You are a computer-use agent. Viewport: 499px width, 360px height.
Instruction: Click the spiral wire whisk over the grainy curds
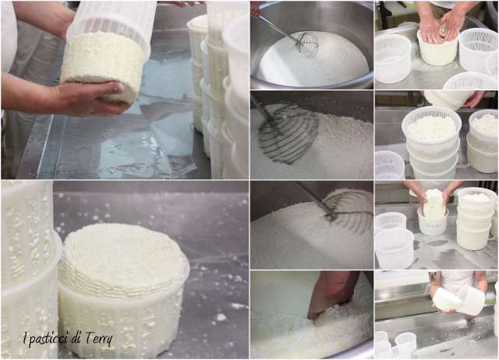pos(286,133)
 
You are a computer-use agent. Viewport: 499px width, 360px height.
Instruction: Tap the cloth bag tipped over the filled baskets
pos(449,100)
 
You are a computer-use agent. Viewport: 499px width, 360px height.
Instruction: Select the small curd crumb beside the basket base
pos(220,317)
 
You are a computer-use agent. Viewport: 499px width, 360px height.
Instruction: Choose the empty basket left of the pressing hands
pos(393,58)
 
